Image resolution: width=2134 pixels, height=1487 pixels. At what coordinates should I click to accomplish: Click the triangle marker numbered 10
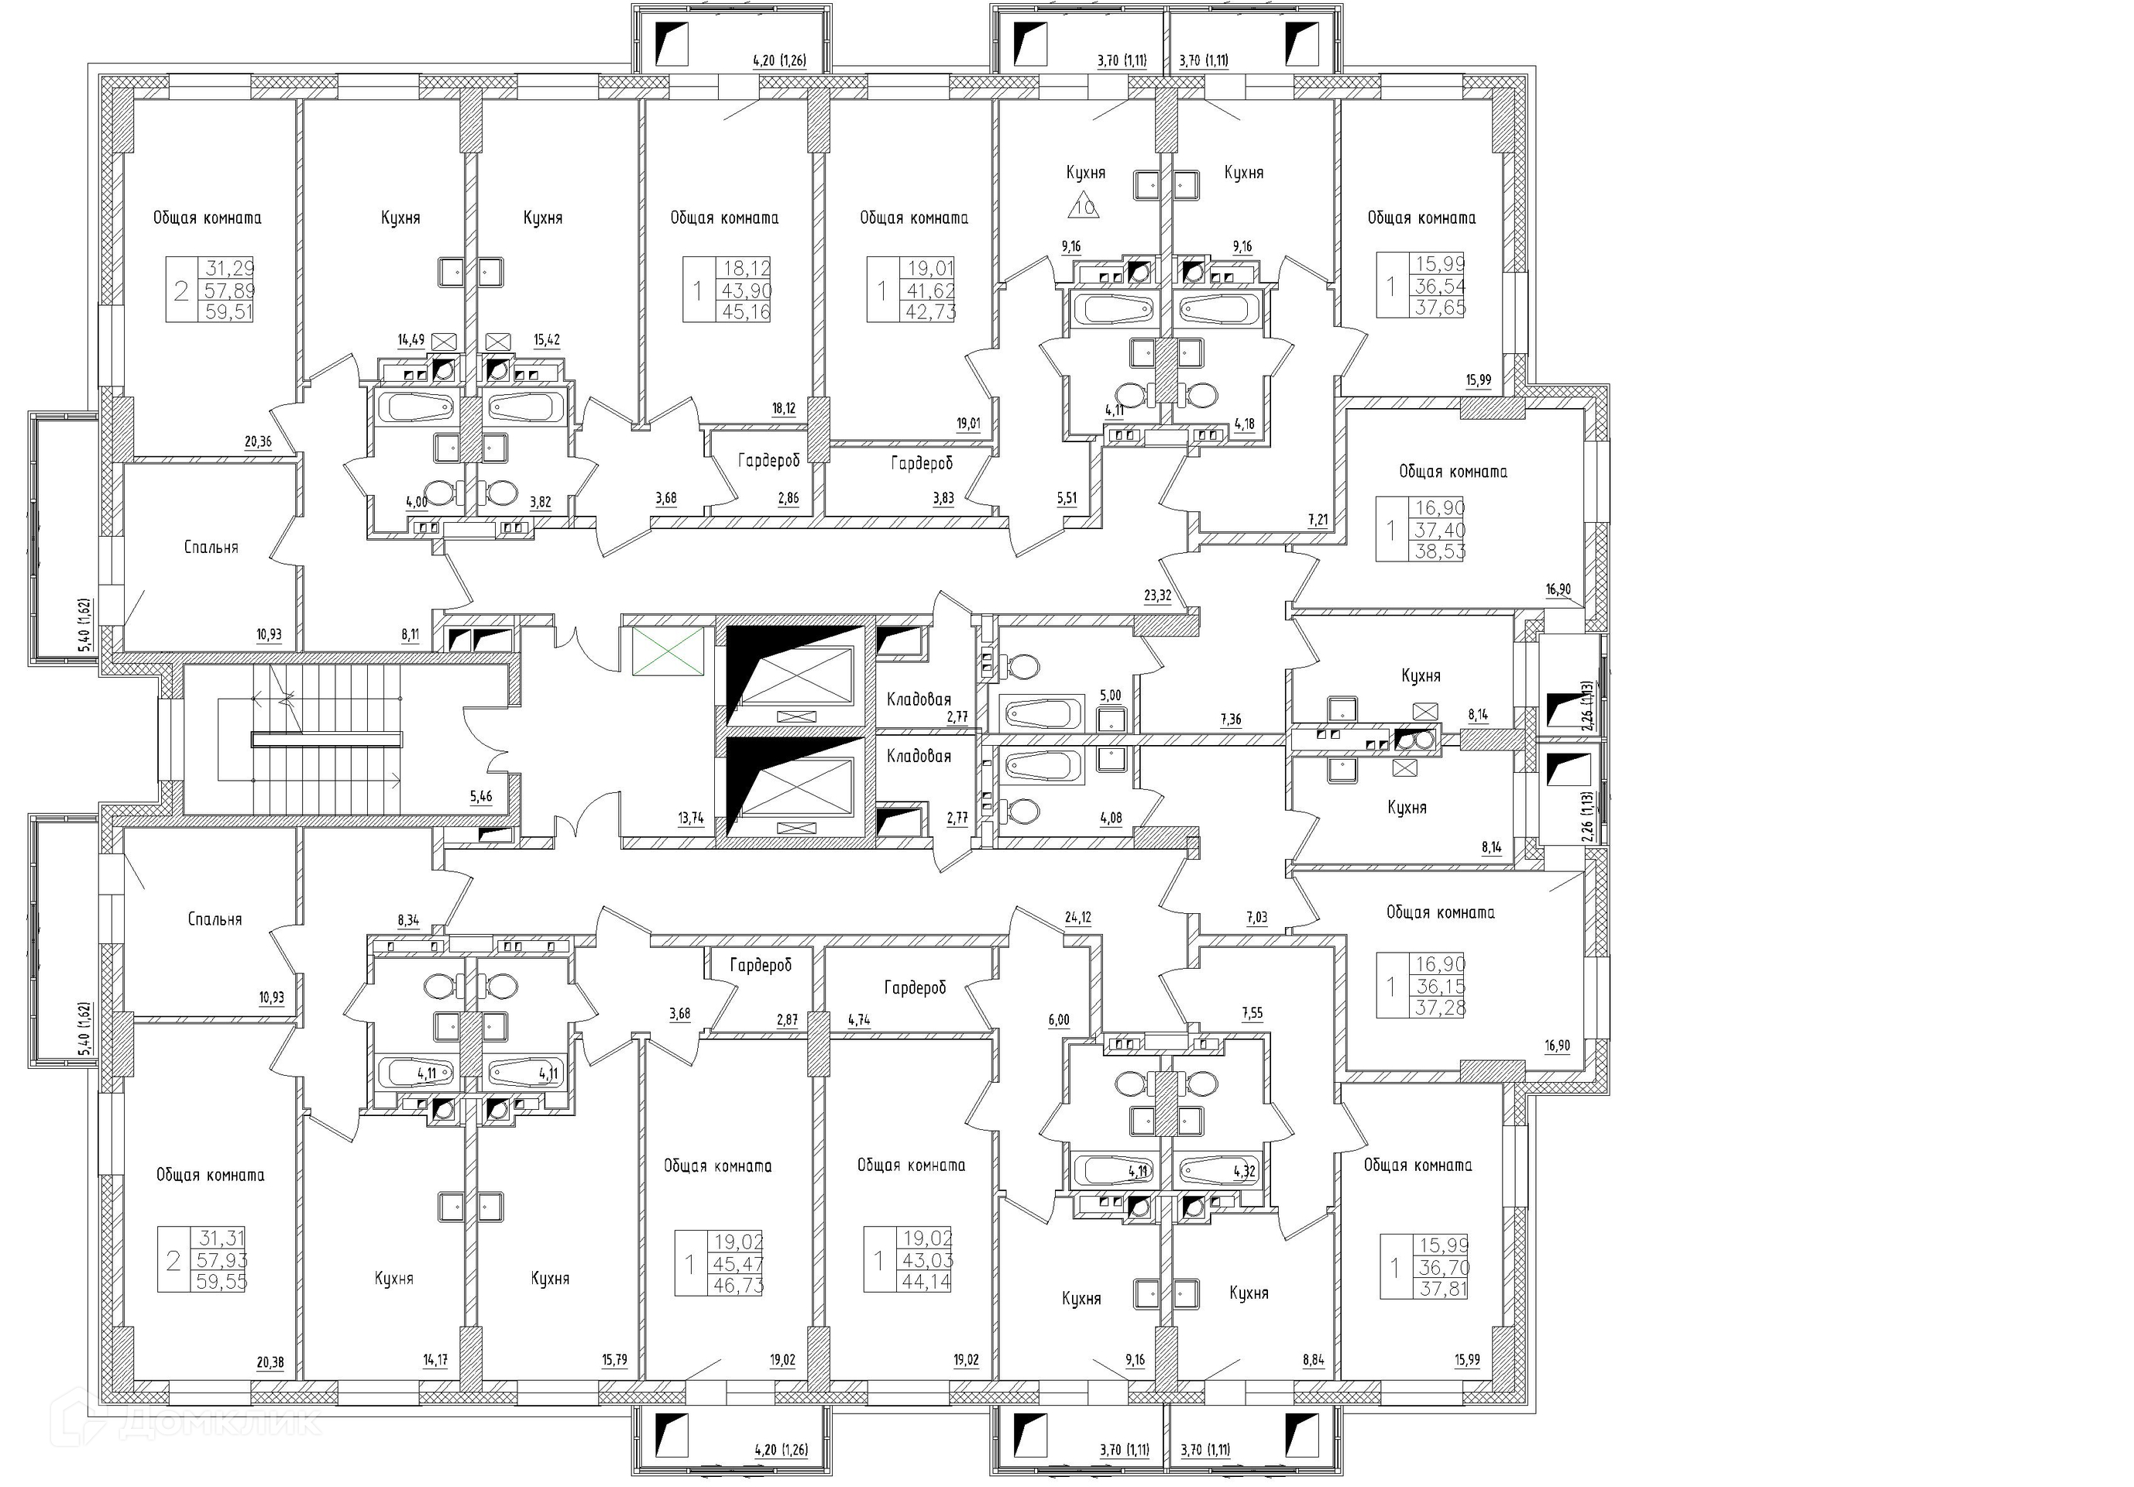tap(1084, 206)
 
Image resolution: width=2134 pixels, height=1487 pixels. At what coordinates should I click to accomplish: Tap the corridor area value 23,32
tap(1157, 596)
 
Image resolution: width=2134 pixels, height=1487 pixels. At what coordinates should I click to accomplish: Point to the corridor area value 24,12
tap(1079, 917)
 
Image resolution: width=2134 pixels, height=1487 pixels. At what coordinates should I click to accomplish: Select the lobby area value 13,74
tap(691, 818)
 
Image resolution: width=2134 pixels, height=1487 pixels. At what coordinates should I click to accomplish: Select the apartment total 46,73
tap(738, 1286)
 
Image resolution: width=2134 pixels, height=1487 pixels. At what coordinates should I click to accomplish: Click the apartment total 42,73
tap(930, 312)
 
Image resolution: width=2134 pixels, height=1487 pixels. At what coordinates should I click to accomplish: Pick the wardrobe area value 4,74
tap(860, 1019)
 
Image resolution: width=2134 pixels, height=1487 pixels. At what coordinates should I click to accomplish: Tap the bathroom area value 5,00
tap(1111, 695)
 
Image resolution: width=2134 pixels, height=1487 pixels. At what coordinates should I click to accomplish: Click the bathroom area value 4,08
tap(1111, 818)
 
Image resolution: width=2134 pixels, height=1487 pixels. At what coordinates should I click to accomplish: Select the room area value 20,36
tap(259, 442)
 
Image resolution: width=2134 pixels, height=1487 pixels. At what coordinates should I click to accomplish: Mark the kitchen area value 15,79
tap(614, 1361)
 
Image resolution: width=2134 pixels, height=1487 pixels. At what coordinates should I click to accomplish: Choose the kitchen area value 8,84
tap(1313, 1361)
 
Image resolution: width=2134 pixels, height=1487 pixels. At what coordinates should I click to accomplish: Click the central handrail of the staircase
tap(327, 740)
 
